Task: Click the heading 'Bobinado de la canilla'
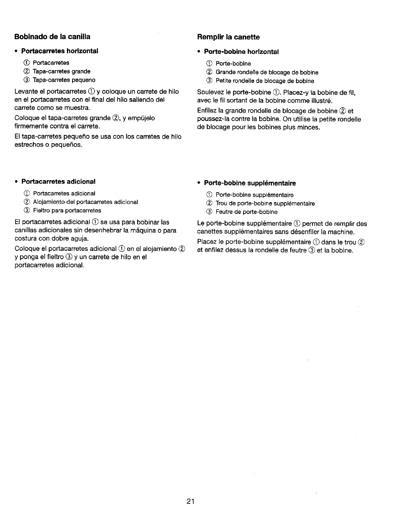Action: pyautogui.click(x=52, y=37)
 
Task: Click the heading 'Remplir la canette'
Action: pyautogui.click(x=229, y=37)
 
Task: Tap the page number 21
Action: pyautogui.click(x=191, y=502)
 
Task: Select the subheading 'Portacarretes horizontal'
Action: pyautogui.click(x=59, y=51)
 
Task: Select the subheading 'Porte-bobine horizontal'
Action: pyautogui.click(x=241, y=52)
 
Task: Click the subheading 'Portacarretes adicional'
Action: pyautogui.click(x=58, y=181)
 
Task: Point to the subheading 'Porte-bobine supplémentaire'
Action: pyautogui.click(x=250, y=183)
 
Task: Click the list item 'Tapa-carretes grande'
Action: pyautogui.click(x=61, y=71)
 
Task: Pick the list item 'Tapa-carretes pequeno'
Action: pyautogui.click(x=64, y=80)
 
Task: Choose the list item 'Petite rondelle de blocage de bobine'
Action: pyautogui.click(x=265, y=81)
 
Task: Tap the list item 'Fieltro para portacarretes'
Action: pyautogui.click(x=67, y=210)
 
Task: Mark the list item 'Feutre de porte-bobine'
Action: pyautogui.click(x=246, y=212)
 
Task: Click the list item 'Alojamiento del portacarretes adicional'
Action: pyautogui.click(x=85, y=202)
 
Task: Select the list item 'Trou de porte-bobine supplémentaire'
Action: pyautogui.click(x=265, y=204)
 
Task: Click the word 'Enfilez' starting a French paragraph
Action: pyautogui.click(x=207, y=111)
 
